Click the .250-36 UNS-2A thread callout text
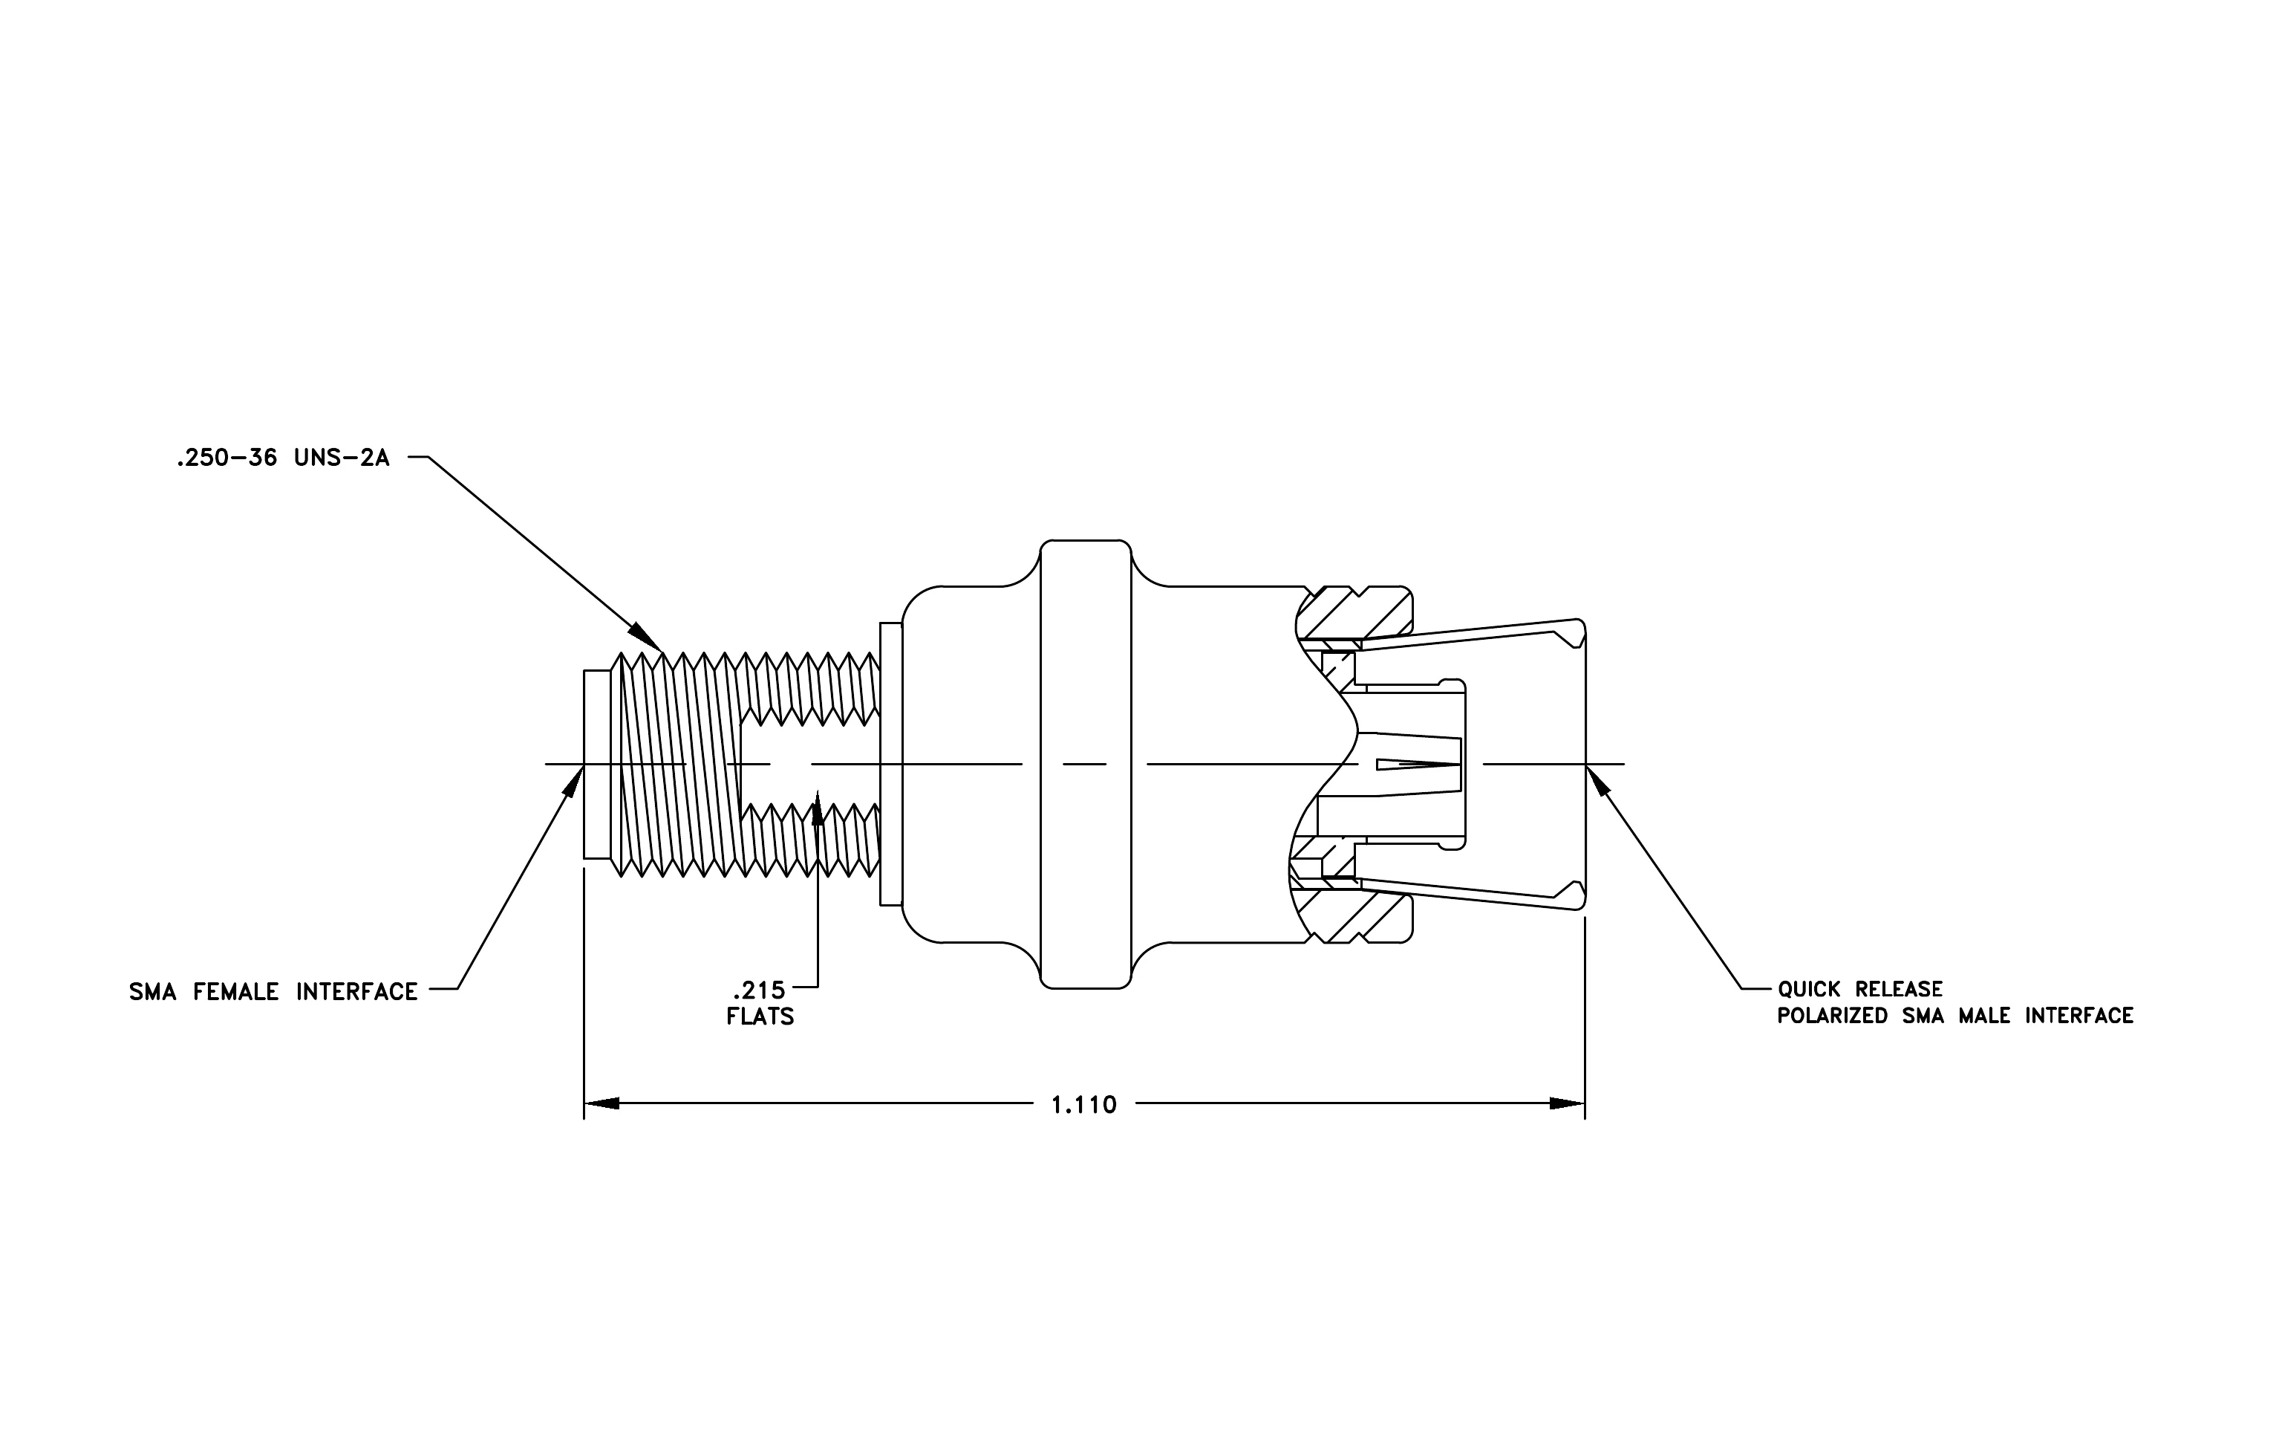pyautogui.click(x=283, y=459)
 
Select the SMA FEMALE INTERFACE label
pyautogui.click(x=273, y=991)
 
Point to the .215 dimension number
pyautogui.click(x=758, y=990)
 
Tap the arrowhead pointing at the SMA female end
pyautogui.click(x=573, y=782)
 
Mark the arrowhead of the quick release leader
pyautogui.click(x=1597, y=782)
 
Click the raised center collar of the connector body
pyautogui.click(x=1086, y=764)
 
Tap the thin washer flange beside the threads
pyautogui.click(x=890, y=763)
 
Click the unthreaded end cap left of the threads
pyautogui.click(x=597, y=764)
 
